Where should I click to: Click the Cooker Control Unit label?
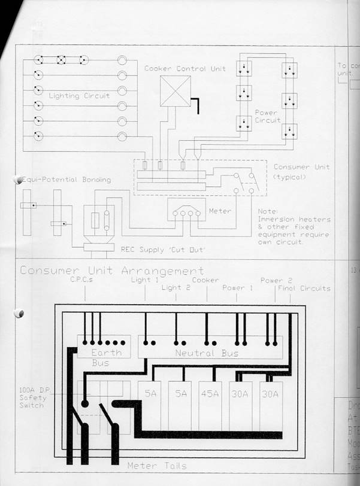pyautogui.click(x=185, y=68)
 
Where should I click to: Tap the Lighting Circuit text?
pyautogui.click(x=79, y=96)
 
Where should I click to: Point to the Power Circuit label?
pyautogui.click(x=267, y=116)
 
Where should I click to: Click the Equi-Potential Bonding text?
pyautogui.click(x=65, y=180)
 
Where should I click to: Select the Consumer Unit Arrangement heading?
pyautogui.click(x=111, y=271)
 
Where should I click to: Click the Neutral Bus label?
pyautogui.click(x=207, y=353)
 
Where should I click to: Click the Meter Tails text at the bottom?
pyautogui.click(x=156, y=466)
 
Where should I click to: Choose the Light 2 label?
pyautogui.click(x=176, y=288)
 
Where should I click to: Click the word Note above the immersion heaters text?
pyautogui.click(x=268, y=211)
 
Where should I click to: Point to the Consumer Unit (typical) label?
pyautogui.click(x=301, y=172)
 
